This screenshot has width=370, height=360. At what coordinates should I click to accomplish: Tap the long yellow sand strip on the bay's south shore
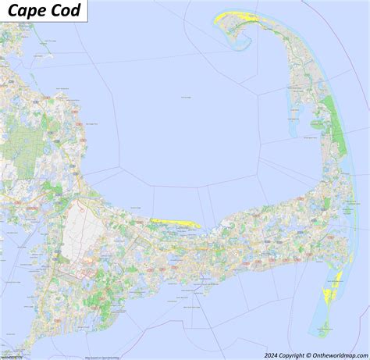(176, 223)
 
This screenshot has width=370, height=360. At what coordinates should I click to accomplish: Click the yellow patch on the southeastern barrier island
(327, 294)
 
